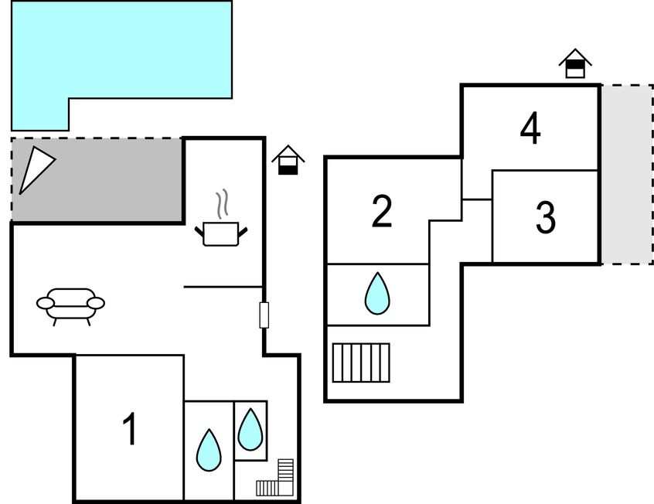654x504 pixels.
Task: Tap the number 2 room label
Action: (x=382, y=212)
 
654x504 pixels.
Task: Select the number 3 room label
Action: (x=546, y=218)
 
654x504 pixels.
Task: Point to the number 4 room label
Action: (x=530, y=129)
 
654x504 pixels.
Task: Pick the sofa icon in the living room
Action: (x=70, y=304)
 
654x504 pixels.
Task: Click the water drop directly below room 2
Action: (x=377, y=294)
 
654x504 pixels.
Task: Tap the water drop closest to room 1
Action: (x=209, y=450)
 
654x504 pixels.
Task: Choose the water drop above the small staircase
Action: (x=250, y=429)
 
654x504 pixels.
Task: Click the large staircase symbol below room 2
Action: (x=361, y=362)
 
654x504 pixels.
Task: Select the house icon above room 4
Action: (x=574, y=64)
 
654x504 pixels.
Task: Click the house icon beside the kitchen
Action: (x=288, y=160)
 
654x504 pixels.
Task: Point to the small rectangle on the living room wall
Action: (x=264, y=315)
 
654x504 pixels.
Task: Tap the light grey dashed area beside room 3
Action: (x=626, y=174)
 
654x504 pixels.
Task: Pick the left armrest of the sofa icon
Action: (x=45, y=302)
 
